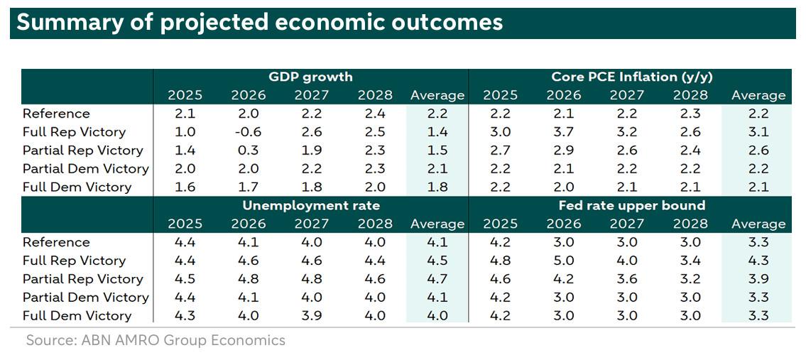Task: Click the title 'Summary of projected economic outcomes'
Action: pyautogui.click(x=259, y=22)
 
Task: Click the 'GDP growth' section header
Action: pyautogui.click(x=310, y=77)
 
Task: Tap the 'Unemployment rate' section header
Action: pyautogui.click(x=311, y=205)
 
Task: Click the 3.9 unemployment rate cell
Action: pyautogui.click(x=310, y=315)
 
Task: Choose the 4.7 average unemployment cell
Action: pyautogui.click(x=437, y=279)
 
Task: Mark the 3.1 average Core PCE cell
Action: pyautogui.click(x=758, y=132)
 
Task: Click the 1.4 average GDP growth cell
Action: pyautogui.click(x=437, y=132)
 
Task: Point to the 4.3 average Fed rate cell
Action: pyautogui.click(x=758, y=261)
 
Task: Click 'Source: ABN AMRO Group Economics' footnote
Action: pyautogui.click(x=156, y=340)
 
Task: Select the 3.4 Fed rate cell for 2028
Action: pyautogui.click(x=690, y=261)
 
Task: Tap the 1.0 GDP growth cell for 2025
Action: pyautogui.click(x=185, y=132)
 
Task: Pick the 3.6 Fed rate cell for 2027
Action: pyautogui.click(x=627, y=279)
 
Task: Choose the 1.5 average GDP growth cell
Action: pyautogui.click(x=437, y=151)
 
